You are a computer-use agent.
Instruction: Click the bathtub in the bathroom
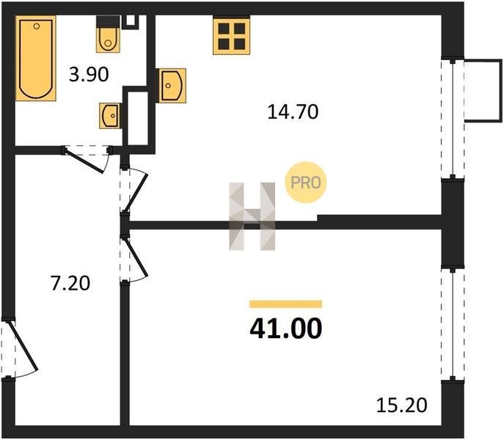point(36,58)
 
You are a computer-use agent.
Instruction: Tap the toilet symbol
point(108,34)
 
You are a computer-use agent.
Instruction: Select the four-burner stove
point(231,35)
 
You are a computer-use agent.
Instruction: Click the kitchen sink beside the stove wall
point(172,86)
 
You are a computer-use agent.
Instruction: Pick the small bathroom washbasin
point(110,116)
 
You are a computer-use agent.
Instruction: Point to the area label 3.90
point(89,75)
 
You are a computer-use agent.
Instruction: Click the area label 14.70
point(293,112)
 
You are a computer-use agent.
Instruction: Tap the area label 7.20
point(70,284)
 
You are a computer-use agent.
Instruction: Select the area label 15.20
point(401,405)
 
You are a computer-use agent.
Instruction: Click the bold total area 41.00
point(286,328)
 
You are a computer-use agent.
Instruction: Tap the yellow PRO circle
point(306,183)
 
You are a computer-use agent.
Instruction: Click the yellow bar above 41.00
point(286,304)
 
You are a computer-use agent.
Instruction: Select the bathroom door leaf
point(84,161)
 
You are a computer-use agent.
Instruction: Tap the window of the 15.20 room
point(453,324)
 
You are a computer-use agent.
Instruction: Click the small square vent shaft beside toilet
point(131,21)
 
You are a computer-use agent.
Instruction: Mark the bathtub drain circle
point(37,26)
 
